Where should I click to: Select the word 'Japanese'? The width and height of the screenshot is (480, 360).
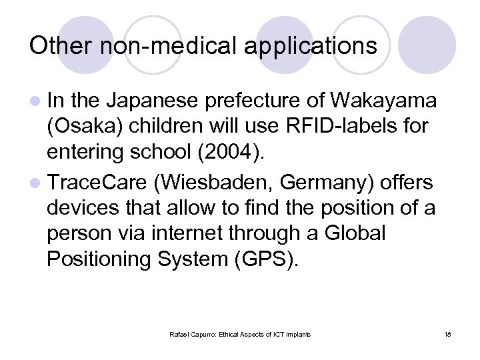pyautogui.click(x=152, y=101)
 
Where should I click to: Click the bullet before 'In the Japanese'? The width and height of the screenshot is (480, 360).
pyautogui.click(x=35, y=102)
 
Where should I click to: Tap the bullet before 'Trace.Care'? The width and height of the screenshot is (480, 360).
pyautogui.click(x=35, y=182)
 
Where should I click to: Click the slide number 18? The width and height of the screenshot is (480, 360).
pyautogui.click(x=448, y=335)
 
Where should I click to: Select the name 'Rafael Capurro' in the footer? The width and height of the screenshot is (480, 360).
pyautogui.click(x=192, y=335)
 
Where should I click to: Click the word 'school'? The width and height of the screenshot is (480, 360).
pyautogui.click(x=157, y=153)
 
